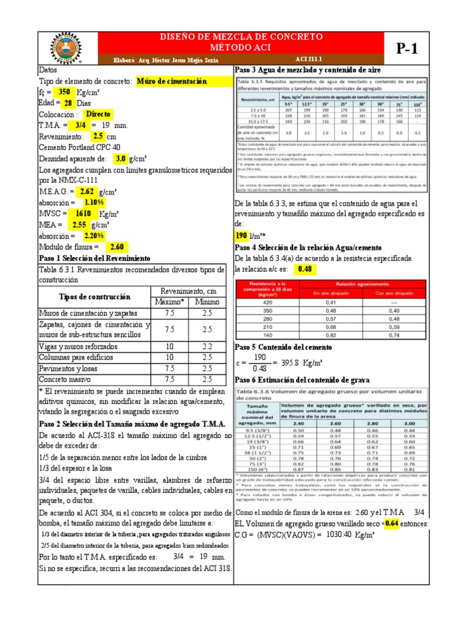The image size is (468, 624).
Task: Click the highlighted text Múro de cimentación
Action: click(x=172, y=81)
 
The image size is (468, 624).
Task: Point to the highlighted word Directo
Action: click(x=99, y=114)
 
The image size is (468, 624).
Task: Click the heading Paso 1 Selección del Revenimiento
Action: click(x=94, y=258)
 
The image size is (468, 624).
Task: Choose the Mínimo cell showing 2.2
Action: click(x=207, y=346)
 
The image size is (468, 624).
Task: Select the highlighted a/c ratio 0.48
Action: click(x=304, y=269)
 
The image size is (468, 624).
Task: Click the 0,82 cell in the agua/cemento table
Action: click(x=330, y=335)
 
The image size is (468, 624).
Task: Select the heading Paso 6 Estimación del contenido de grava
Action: click(x=310, y=380)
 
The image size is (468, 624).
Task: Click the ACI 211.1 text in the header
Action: click(x=310, y=60)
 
